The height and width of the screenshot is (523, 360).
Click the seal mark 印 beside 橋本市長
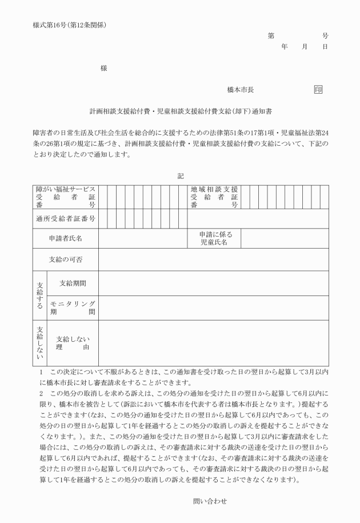tap(318, 90)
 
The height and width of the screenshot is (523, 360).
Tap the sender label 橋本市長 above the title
tap(240, 90)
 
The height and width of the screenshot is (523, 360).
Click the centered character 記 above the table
tap(180, 176)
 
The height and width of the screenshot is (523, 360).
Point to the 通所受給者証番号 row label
tap(65, 219)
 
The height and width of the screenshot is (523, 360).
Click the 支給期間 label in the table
tap(73, 283)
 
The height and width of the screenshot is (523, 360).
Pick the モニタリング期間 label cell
tap(73, 308)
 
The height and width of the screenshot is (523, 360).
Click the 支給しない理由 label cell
tap(73, 343)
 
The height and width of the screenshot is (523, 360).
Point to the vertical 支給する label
tap(40, 296)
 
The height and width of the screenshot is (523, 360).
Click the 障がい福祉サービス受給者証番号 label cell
tap(65, 197)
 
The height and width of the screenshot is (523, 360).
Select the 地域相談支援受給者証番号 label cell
tap(215, 197)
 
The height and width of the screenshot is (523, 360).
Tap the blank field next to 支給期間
tap(213, 283)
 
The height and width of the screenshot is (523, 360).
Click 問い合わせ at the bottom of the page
tap(210, 501)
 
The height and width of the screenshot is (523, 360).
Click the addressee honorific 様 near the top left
tap(103, 68)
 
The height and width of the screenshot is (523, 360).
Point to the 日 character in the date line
tap(325, 47)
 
